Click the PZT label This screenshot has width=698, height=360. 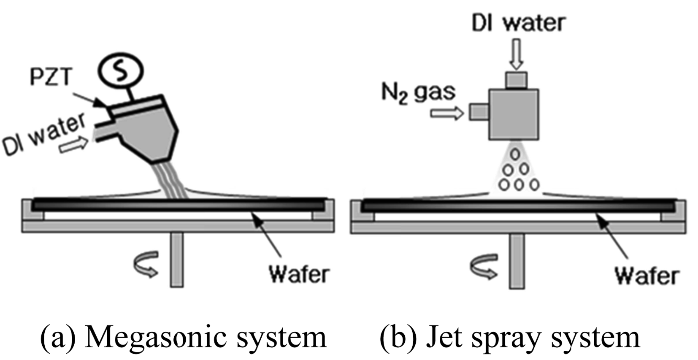(x=51, y=77)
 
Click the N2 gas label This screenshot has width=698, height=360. (x=418, y=92)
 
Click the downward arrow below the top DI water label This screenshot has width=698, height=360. (x=516, y=54)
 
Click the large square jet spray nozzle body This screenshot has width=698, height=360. (x=514, y=114)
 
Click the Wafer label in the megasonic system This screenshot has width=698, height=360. (x=299, y=274)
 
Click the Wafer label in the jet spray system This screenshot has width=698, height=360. (x=646, y=276)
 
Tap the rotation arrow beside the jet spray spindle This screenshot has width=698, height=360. (x=484, y=266)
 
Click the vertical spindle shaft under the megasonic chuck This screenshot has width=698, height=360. (x=177, y=260)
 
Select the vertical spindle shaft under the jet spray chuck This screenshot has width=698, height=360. (x=516, y=261)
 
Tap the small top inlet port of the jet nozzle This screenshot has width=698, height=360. (x=516, y=80)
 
